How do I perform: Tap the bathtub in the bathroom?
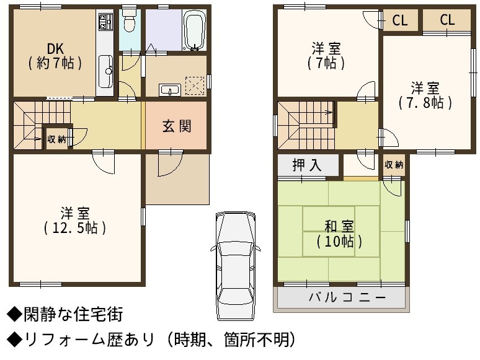[194, 30]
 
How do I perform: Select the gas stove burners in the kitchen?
[105, 22]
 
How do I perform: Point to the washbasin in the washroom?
[170, 90]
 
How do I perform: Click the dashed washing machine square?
[195, 86]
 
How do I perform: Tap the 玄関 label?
[177, 126]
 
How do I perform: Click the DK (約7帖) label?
[55, 56]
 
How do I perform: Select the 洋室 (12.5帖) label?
[75, 221]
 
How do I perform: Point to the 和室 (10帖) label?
[339, 234]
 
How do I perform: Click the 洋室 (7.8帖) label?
[425, 95]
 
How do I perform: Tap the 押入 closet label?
[307, 165]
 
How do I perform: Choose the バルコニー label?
[347, 297]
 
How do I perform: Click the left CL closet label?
[400, 20]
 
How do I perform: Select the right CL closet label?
[447, 20]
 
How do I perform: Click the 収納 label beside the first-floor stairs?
[56, 139]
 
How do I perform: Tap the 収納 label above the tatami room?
[394, 165]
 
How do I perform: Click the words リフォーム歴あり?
[89, 340]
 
